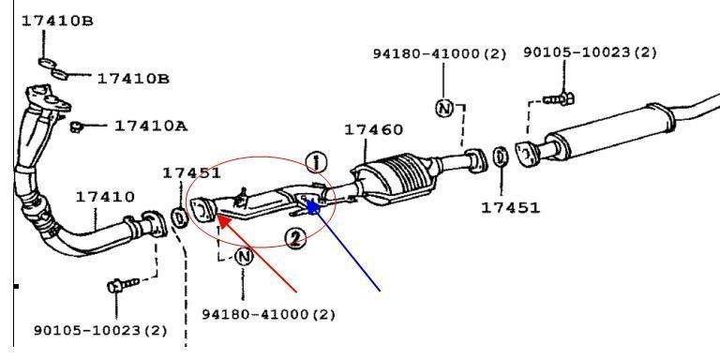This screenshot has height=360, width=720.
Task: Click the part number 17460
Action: point(373,130)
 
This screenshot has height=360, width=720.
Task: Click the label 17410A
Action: point(151,126)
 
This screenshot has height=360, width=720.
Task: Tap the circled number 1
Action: point(316,162)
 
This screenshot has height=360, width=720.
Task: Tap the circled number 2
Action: point(295,238)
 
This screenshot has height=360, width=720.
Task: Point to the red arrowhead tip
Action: point(217,215)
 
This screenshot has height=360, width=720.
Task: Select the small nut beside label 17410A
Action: point(76,127)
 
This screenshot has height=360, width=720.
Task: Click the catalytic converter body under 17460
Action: point(395,179)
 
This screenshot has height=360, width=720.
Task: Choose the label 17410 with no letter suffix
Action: point(105,197)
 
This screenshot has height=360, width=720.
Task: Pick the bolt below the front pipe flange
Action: point(123,285)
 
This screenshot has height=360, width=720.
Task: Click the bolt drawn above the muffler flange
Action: point(559,98)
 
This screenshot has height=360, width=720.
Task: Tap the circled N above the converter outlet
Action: point(444,109)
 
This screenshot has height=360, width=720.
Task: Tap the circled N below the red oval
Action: point(244,256)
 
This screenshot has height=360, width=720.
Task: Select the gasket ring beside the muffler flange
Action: point(501,157)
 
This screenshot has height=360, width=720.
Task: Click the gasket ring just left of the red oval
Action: point(179,217)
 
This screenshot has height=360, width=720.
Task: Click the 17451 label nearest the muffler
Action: point(510,208)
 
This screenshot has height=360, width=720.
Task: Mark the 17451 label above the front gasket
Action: point(191,173)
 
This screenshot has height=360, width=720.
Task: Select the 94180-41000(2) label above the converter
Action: point(440,54)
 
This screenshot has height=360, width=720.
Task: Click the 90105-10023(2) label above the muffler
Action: point(590,52)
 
